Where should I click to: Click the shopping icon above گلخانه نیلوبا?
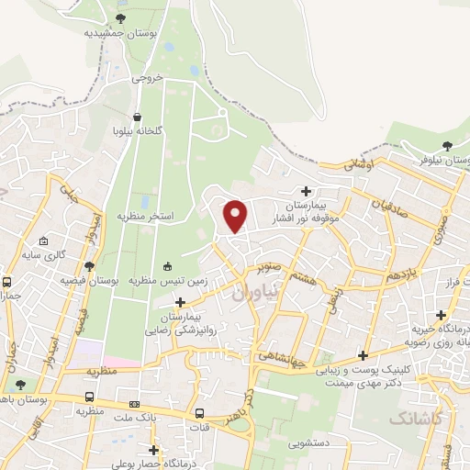click(138, 117)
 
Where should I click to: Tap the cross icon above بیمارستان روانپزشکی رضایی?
click(180, 302)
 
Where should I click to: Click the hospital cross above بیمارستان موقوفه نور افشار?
click(305, 191)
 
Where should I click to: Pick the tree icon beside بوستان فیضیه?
click(88, 266)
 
